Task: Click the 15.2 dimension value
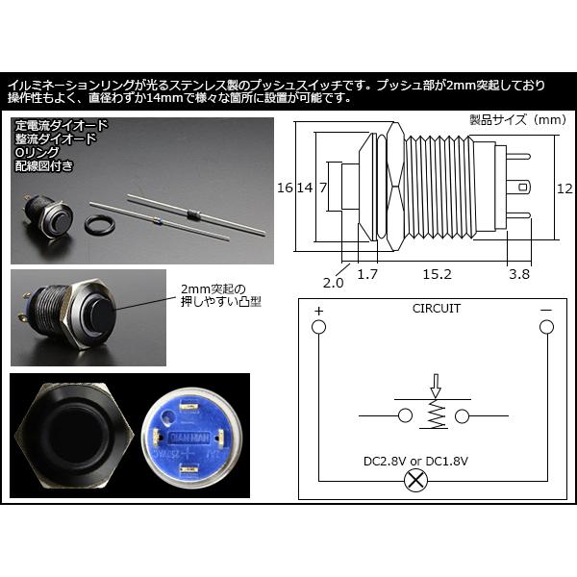438,274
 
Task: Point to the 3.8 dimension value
518,274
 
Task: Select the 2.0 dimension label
334,283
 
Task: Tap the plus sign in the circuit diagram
317,310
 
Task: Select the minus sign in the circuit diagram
545,310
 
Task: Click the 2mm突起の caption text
213,288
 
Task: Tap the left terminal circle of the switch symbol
405,415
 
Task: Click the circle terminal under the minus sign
545,328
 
